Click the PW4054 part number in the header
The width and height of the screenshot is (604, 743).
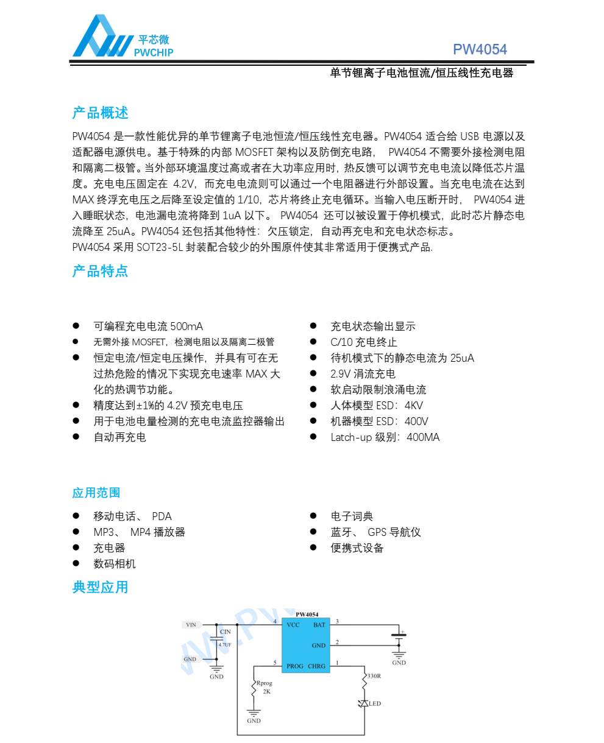pyautogui.click(x=480, y=50)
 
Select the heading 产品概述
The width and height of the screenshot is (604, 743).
pyautogui.click(x=100, y=113)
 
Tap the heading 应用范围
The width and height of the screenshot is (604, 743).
pyautogui.click(x=96, y=493)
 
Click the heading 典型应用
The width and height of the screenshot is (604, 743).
pyautogui.click(x=100, y=587)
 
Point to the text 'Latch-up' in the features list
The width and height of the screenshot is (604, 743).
pyautogui.click(x=351, y=437)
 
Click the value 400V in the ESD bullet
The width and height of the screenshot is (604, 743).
pyautogui.click(x=416, y=421)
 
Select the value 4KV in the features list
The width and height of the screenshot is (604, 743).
pyautogui.click(x=413, y=406)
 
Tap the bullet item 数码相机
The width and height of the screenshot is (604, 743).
pyautogui.click(x=115, y=564)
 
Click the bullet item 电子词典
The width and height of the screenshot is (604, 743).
pyautogui.click(x=352, y=516)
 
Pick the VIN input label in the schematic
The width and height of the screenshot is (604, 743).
pyautogui.click(x=191, y=625)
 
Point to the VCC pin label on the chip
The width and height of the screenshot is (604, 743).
pyautogui.click(x=293, y=625)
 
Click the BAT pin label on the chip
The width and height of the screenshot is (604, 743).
pyautogui.click(x=319, y=625)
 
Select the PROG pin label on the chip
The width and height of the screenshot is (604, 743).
pyautogui.click(x=294, y=666)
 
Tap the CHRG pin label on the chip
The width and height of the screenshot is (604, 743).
pyautogui.click(x=317, y=666)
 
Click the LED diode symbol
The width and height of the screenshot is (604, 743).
pyautogui.click(x=364, y=703)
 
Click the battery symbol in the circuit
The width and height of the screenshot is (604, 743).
pyautogui.click(x=399, y=636)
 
